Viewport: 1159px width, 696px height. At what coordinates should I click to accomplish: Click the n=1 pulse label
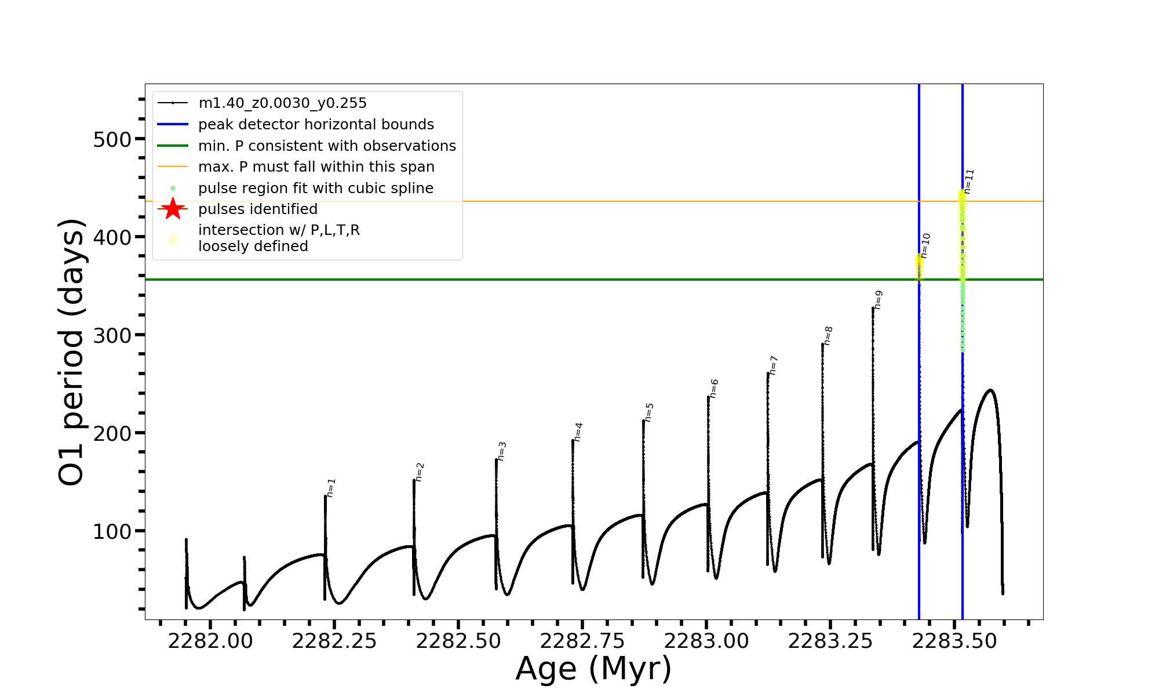[x=331, y=488]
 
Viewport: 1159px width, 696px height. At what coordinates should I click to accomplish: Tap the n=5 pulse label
[x=649, y=412]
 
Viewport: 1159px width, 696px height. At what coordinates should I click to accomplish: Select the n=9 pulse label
[x=879, y=300]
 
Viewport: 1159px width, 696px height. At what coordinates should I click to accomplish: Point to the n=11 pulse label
[x=969, y=181]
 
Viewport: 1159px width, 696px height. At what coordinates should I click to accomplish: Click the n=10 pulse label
[x=925, y=245]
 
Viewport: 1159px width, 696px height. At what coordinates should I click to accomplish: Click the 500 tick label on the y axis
[x=112, y=140]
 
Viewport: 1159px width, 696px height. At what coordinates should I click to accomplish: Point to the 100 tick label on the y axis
[x=112, y=532]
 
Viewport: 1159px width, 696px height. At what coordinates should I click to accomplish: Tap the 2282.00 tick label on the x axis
[x=210, y=641]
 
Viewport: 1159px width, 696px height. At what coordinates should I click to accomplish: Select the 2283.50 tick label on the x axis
[x=954, y=641]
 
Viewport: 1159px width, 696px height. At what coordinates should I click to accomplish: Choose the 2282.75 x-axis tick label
[x=582, y=641]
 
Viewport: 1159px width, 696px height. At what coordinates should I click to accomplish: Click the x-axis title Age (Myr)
[x=593, y=669]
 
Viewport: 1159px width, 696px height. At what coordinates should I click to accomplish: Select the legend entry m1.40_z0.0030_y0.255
[x=282, y=103]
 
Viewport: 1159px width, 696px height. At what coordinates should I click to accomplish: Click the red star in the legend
[x=173, y=209]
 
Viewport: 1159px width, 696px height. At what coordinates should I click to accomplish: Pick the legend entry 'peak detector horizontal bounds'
[x=316, y=125]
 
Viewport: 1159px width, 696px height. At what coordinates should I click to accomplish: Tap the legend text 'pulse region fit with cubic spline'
[x=316, y=188]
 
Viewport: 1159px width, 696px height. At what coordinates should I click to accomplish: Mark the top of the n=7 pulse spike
[x=768, y=374]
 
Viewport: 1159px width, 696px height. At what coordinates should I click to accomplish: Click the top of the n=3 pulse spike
[x=497, y=460]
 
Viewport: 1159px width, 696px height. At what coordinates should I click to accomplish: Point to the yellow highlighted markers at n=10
[x=919, y=267]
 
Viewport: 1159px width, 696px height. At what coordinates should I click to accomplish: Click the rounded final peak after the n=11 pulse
[x=990, y=390]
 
